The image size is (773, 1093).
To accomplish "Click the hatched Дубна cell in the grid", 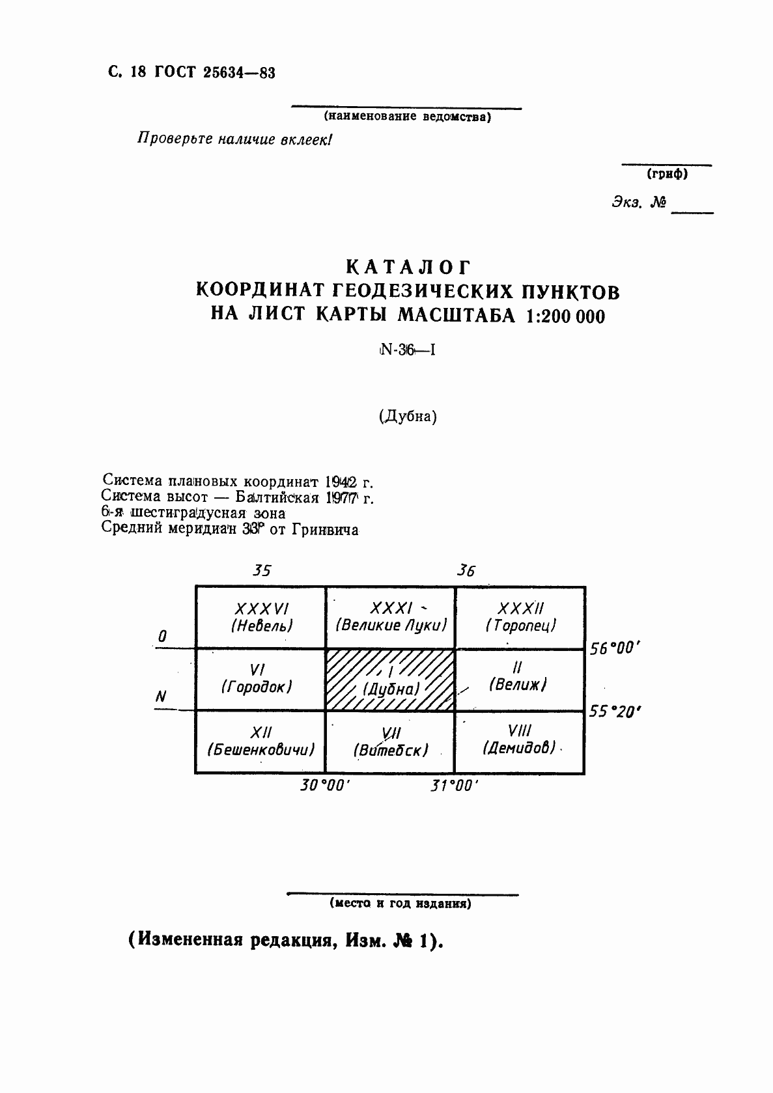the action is pos(389,679).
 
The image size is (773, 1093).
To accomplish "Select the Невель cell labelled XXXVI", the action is pos(260,617).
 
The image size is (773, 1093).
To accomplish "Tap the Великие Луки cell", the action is pos(390,617).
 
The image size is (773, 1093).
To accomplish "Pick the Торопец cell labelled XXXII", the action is pos(520,617).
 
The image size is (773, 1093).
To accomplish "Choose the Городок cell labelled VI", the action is pos(260,679).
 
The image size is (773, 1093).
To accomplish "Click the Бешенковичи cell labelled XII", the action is pos(260,741).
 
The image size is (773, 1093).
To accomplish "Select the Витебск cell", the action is pos(390,742).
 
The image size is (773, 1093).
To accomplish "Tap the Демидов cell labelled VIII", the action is pos(519,741).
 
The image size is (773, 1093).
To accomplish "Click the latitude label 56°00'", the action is pos(616,649).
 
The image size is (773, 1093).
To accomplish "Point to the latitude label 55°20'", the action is pos(615,712).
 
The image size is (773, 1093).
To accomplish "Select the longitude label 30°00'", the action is pos(325,786).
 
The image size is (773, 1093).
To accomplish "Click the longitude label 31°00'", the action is pos(454,786).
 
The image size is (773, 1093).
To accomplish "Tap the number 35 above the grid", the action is pos(261,571).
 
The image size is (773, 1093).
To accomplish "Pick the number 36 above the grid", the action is pos(466,571).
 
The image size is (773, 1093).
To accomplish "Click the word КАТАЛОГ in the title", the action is pos(408,268).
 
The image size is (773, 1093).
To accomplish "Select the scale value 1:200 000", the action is pos(559,316).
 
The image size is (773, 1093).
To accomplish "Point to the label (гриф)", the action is pos(667,174).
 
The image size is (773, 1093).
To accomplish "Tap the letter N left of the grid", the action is pos(160,696).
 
